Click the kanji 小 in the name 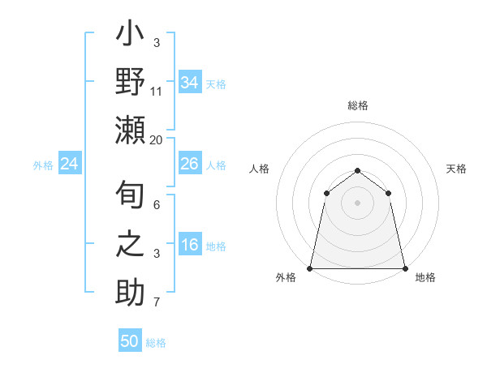pos(130,36)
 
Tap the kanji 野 pos(130,83)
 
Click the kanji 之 pos(130,244)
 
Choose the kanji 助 pos(130,292)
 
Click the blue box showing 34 pos(190,82)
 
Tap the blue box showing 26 pos(190,164)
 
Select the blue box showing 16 pos(190,246)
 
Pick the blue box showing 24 pos(70,165)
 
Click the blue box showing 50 pos(130,341)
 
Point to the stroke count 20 pos(157,139)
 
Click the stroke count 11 pos(157,92)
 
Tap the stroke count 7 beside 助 pos(157,303)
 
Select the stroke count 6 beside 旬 pos(157,205)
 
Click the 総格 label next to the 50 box pos(156,343)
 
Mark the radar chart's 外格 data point pos(310,268)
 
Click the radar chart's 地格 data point pos(404,268)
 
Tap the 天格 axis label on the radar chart pos(457,169)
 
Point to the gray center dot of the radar pos(357,203)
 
